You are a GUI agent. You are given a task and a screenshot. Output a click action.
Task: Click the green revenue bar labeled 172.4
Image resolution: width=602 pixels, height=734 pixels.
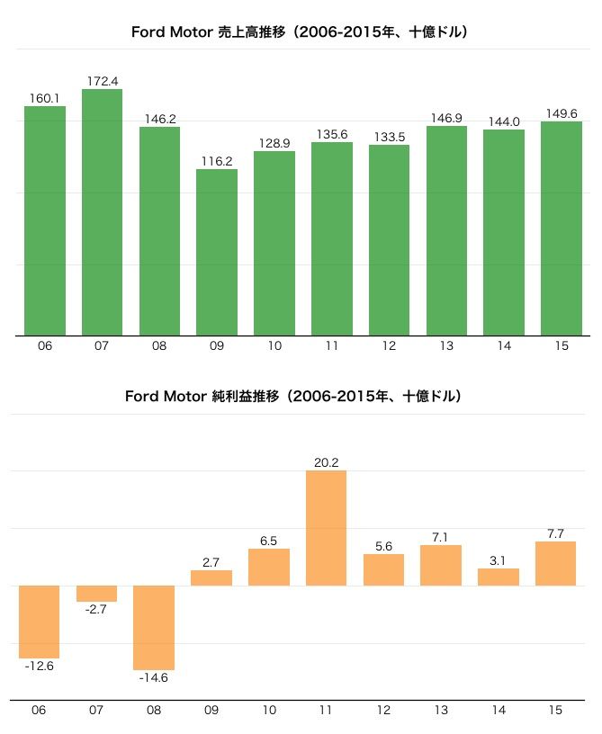click(x=102, y=212)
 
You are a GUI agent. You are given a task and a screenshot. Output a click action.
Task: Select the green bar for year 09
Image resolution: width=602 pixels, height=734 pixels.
click(x=217, y=252)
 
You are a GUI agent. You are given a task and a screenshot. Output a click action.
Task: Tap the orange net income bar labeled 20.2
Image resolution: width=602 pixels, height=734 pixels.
click(x=326, y=528)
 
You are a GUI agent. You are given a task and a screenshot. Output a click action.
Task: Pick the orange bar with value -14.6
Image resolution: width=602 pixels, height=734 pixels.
click(x=154, y=628)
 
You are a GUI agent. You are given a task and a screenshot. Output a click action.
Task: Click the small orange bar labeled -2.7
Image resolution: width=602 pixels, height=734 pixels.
click(x=96, y=594)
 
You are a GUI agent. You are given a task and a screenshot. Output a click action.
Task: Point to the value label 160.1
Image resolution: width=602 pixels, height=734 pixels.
click(x=44, y=98)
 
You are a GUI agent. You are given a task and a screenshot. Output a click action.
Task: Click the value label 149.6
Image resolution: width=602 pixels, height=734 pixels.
click(x=562, y=113)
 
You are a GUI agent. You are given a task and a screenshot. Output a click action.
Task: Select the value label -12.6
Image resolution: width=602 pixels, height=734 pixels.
click(x=39, y=667)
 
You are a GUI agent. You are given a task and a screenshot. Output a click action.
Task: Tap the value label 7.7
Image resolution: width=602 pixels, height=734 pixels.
click(x=556, y=533)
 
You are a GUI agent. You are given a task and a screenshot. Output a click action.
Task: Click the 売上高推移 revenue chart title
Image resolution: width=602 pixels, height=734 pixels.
click(x=301, y=32)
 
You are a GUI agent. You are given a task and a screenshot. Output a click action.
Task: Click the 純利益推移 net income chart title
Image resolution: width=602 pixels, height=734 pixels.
click(x=293, y=396)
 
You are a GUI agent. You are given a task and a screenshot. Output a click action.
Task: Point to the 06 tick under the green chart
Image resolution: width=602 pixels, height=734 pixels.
click(x=45, y=346)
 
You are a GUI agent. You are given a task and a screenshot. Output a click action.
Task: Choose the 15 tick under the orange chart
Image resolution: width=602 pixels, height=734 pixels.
click(x=556, y=711)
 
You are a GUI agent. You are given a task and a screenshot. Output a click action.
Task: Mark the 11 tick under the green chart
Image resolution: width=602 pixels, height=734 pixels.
click(x=332, y=346)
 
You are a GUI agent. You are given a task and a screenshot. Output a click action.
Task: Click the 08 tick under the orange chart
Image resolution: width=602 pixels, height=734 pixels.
click(x=154, y=711)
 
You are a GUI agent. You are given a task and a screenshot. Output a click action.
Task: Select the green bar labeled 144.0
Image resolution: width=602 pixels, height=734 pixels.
click(x=504, y=232)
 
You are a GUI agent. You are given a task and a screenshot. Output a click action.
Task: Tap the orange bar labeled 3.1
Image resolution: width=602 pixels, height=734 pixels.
click(x=499, y=577)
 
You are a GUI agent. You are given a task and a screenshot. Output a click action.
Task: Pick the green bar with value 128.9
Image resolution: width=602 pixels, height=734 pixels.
click(x=274, y=243)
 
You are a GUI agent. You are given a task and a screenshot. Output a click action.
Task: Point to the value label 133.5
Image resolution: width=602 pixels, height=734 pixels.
click(x=389, y=137)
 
